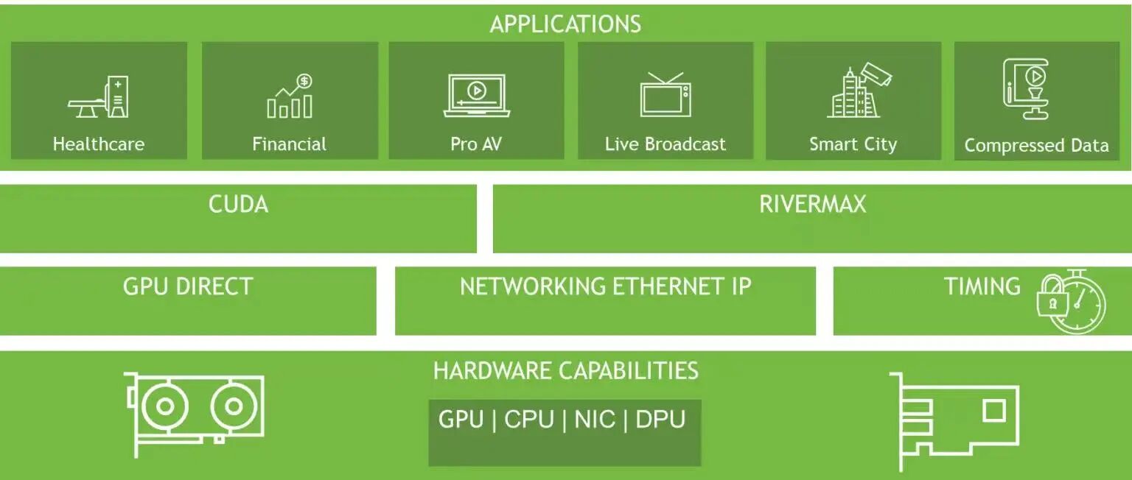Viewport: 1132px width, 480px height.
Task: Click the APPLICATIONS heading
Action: [x=565, y=24]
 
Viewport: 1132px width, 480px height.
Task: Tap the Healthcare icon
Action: [x=98, y=96]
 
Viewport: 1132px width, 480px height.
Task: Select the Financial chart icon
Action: [x=290, y=96]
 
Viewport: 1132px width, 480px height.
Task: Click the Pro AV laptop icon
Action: [x=477, y=96]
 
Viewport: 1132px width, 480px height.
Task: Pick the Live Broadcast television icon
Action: [x=665, y=95]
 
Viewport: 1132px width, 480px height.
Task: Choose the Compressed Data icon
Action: [x=1026, y=89]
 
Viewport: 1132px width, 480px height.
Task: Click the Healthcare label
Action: [x=98, y=144]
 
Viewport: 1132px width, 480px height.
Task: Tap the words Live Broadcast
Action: [x=665, y=144]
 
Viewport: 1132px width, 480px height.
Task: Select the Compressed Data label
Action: [x=1036, y=145]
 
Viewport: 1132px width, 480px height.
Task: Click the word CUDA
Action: [x=238, y=204]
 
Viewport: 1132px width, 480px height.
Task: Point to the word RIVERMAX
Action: [x=812, y=204]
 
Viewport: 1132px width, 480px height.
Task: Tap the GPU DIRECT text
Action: [x=188, y=286]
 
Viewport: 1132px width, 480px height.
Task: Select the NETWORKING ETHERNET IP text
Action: [x=605, y=286]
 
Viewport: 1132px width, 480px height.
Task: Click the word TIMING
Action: [x=982, y=286]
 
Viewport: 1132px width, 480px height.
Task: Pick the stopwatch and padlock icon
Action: [x=1072, y=303]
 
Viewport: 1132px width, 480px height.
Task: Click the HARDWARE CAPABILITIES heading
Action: [x=565, y=370]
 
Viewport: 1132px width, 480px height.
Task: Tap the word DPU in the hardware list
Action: [x=660, y=420]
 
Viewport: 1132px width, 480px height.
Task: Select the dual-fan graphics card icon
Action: [x=195, y=410]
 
